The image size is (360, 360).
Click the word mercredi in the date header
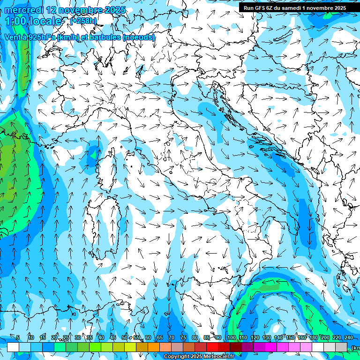pyautogui.click(x=24, y=10)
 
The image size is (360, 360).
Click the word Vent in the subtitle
pyautogui.click(x=13, y=37)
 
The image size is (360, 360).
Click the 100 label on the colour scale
pyautogui.click(x=232, y=338)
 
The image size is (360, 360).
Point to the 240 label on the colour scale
pyautogui.click(x=348, y=338)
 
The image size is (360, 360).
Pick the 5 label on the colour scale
pyautogui.click(x=18, y=338)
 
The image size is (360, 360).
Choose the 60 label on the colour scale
pyautogui.click(x=148, y=338)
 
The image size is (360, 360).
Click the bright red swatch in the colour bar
pyautogui.click(x=212, y=347)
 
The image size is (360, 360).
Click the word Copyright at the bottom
pyautogui.click(x=176, y=357)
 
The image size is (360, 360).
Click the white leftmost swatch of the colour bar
pyautogui.click(x=13, y=347)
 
